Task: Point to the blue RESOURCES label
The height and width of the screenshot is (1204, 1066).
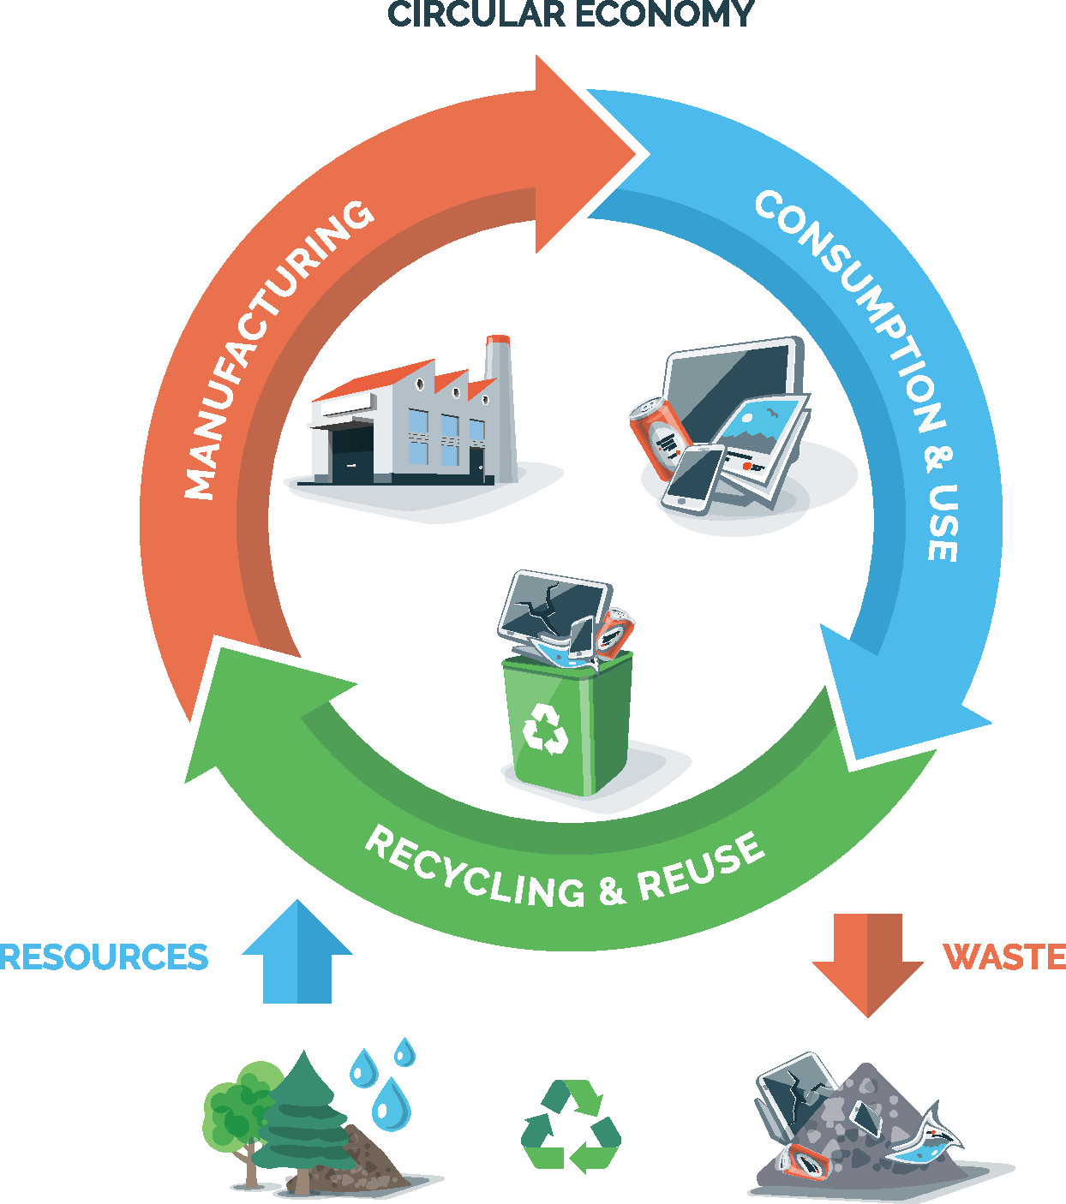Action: tap(104, 957)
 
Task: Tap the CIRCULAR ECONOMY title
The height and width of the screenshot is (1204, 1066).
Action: tap(572, 15)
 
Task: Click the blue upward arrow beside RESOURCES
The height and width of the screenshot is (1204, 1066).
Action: tap(297, 955)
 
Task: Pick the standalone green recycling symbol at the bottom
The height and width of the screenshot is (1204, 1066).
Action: tap(571, 1125)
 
